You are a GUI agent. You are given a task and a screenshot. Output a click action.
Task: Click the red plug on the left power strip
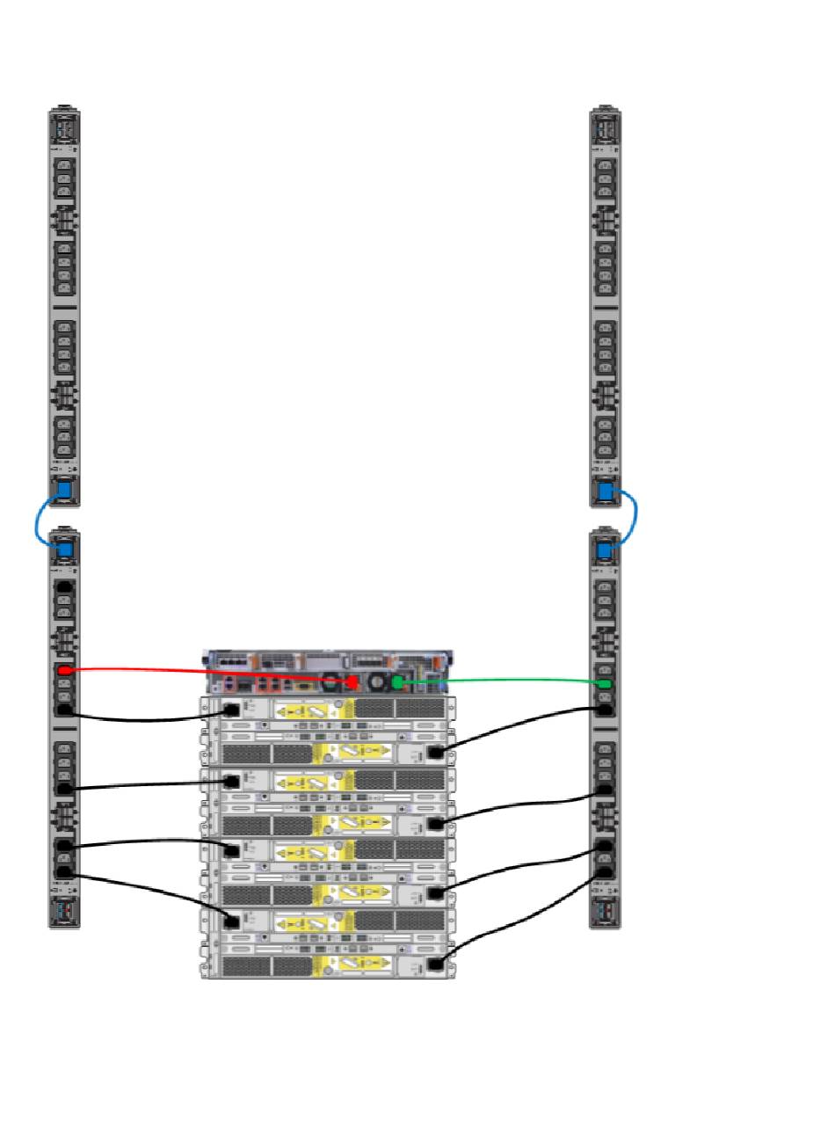63,671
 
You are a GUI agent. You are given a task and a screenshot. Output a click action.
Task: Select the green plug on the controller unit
398,682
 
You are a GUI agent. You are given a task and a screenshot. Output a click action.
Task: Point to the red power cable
211,673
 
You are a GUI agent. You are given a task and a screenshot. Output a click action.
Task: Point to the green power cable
501,679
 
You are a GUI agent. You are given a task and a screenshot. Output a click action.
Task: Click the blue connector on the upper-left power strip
63,491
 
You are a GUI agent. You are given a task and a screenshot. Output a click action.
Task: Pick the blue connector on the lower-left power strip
63,550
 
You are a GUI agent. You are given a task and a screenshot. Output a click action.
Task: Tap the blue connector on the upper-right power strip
605,491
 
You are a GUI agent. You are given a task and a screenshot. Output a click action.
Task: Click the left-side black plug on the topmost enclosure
232,710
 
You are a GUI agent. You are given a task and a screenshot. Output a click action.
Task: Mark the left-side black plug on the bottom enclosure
232,921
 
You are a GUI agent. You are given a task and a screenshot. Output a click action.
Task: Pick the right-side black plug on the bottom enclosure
435,965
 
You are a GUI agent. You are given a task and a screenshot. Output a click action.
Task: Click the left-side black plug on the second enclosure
232,780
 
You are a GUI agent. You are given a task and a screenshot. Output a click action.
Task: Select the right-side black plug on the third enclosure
435,894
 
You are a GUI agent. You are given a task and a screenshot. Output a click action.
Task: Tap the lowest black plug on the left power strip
63,873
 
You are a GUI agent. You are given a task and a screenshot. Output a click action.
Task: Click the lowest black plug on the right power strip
605,872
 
